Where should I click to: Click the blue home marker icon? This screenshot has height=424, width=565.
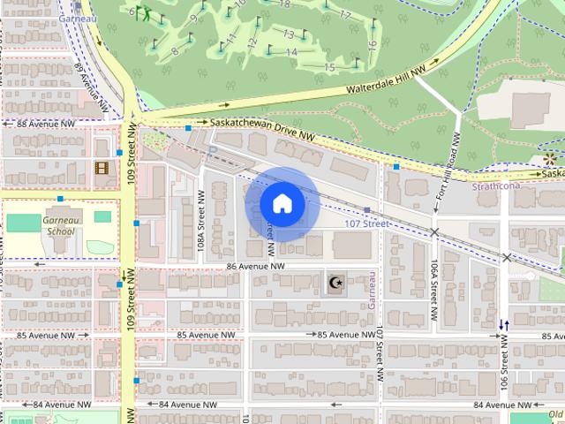(x=282, y=203)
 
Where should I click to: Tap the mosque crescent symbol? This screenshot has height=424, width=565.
(x=335, y=283)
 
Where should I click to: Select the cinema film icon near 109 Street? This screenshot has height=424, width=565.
(x=102, y=168)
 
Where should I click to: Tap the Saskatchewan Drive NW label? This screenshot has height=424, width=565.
(x=262, y=130)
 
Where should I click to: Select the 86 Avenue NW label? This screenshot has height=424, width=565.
(x=255, y=266)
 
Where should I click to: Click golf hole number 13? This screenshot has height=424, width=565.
(x=288, y=34)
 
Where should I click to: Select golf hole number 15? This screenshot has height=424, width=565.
(x=329, y=67)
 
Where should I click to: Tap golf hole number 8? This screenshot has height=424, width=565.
(x=175, y=51)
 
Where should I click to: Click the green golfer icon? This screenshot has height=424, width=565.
(x=142, y=14)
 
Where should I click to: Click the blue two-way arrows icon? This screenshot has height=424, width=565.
(x=503, y=326)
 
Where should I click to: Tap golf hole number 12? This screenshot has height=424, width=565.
(x=252, y=43)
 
